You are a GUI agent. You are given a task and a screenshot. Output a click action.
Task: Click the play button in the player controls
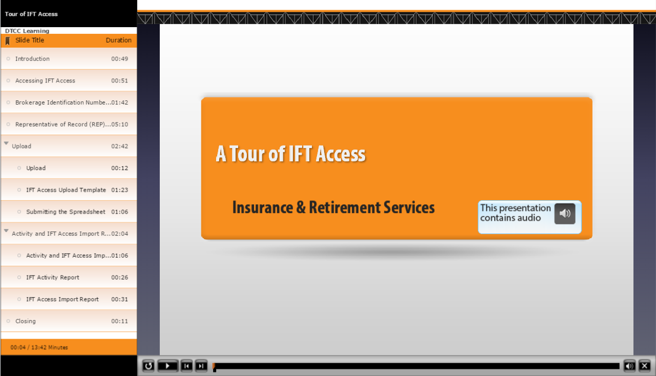167,366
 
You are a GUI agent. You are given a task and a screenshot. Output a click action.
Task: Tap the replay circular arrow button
148,366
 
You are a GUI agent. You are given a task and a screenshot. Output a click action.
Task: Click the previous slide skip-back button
186,366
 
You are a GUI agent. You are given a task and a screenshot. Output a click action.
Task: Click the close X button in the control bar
645,366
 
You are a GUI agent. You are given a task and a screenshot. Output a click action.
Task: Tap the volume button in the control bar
630,366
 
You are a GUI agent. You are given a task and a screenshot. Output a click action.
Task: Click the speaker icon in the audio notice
565,214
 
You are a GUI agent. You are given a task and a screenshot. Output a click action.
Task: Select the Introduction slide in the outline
32,58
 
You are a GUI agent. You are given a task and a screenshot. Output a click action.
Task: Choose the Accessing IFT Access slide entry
45,80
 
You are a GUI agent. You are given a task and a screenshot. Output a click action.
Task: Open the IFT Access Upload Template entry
66,190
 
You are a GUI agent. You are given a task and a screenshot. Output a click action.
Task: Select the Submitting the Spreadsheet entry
66,212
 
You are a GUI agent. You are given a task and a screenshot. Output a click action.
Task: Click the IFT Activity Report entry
53,277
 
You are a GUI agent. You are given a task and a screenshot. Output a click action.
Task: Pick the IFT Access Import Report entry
62,299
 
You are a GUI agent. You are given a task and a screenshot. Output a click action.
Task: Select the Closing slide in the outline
26,321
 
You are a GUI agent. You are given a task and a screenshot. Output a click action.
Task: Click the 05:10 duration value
119,124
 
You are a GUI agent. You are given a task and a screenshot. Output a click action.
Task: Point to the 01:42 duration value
119,102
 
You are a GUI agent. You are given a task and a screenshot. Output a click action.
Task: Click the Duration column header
119,40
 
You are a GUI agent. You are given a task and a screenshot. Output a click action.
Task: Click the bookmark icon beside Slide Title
8,41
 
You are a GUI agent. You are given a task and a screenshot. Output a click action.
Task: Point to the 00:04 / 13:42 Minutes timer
39,347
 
